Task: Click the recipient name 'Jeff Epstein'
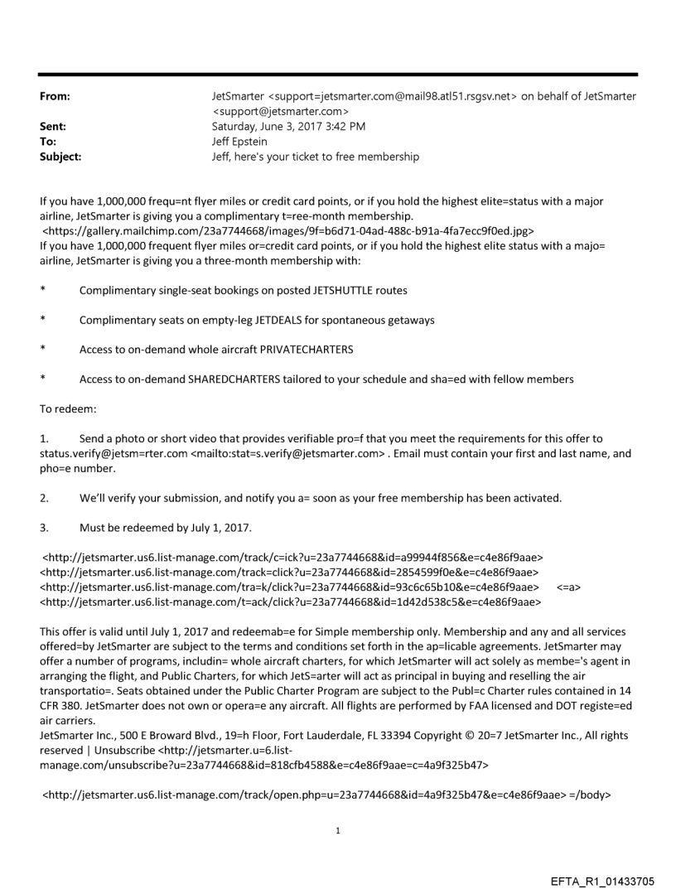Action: (241, 142)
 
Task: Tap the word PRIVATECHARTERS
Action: (305, 350)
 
